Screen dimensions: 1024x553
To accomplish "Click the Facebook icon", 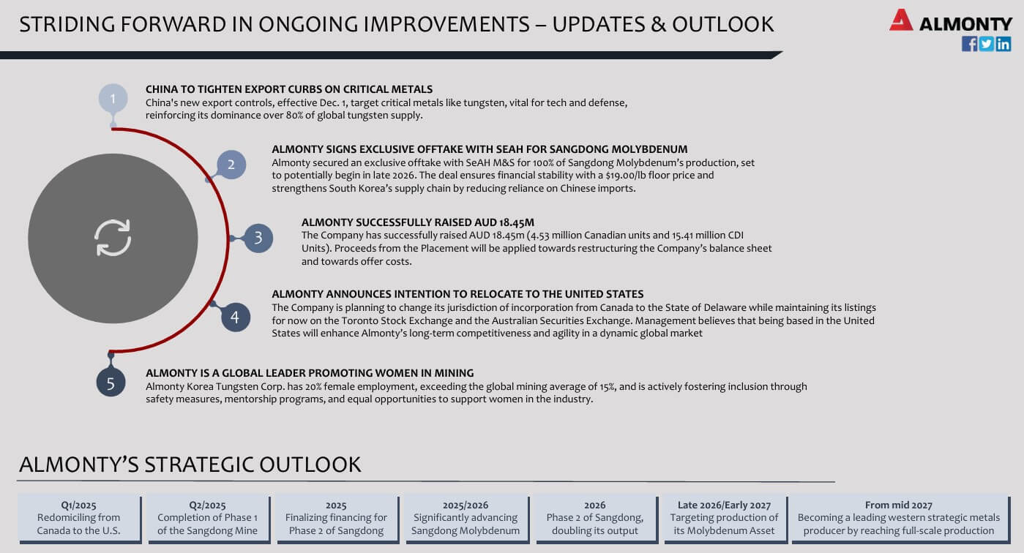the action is [x=969, y=44].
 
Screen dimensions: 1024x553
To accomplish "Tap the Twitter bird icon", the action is [x=986, y=44].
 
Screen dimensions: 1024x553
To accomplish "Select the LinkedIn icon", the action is [x=1003, y=44].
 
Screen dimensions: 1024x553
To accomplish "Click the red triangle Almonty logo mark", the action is [x=900, y=20].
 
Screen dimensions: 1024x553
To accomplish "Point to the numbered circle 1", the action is [x=113, y=98].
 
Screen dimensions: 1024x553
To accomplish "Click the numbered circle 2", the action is [x=231, y=165].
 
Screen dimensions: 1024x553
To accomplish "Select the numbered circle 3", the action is [x=258, y=238].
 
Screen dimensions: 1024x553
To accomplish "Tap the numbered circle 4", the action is [x=236, y=317].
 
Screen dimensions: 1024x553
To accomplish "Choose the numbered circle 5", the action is [x=111, y=383].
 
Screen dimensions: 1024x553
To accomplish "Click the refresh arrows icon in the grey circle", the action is [x=113, y=238].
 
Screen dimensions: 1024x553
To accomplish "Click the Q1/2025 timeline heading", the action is [x=78, y=505].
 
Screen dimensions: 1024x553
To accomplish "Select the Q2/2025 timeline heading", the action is [x=208, y=505].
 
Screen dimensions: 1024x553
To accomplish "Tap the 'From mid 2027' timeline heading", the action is [x=899, y=505].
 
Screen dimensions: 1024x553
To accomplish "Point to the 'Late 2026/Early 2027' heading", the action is [x=724, y=505].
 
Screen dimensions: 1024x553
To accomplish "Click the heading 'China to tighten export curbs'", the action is [x=289, y=89].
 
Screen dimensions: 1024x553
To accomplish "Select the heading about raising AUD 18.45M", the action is [x=417, y=222].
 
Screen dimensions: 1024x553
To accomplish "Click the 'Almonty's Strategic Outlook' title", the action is [x=190, y=464].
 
